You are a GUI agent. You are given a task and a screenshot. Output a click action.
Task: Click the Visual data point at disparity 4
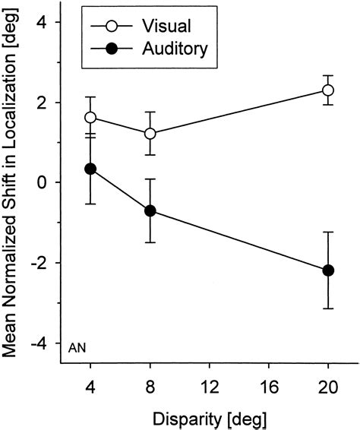point(91,118)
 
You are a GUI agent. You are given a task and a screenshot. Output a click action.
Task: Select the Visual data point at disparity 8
point(150,134)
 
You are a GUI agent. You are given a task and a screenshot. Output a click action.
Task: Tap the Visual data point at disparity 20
point(328,90)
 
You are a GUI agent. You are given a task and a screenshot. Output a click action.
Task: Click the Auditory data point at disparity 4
point(91,169)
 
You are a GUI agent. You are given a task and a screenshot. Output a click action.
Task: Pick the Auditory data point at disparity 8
point(150,210)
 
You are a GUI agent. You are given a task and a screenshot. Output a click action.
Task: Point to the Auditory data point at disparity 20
point(328,270)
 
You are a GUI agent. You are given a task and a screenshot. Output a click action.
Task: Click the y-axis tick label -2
point(40,263)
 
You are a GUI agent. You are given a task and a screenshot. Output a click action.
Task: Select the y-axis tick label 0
point(45,182)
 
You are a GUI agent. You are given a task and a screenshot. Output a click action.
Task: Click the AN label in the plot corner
point(77,348)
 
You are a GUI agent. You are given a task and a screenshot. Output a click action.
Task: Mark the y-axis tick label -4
point(40,343)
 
